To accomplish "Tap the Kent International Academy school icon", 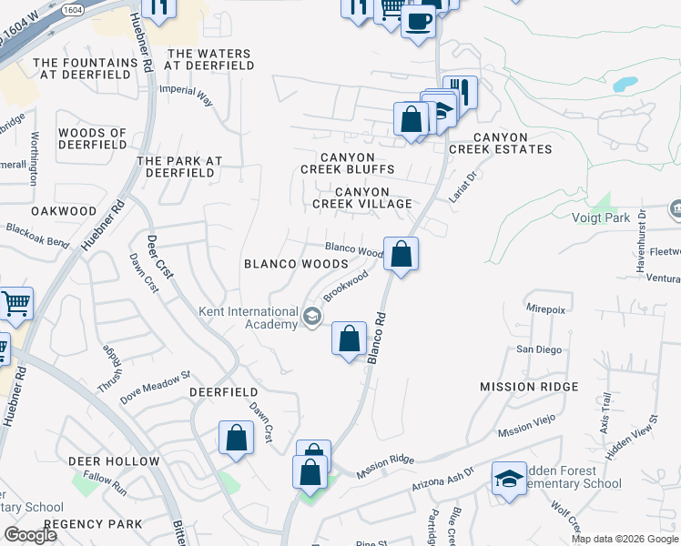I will [x=312, y=316].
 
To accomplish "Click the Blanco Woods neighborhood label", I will [x=296, y=263].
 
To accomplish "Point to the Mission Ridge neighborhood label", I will [x=529, y=387].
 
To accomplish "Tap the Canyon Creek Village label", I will [x=362, y=197].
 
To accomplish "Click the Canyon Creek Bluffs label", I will [x=349, y=163].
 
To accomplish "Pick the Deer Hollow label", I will [x=114, y=461].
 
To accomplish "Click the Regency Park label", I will [x=93, y=523].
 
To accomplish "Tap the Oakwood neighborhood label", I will [x=64, y=210].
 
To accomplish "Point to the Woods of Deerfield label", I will [x=92, y=139].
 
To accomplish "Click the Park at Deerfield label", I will [x=179, y=167].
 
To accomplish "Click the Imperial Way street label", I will [x=187, y=96].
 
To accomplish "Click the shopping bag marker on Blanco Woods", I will [x=401, y=254].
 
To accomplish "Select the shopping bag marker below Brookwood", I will [x=349, y=339].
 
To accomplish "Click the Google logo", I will [x=31, y=535].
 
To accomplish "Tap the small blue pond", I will [x=625, y=85].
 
